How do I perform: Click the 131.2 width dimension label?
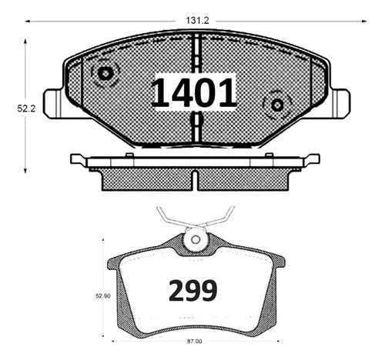[197, 21]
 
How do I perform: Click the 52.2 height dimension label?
[26, 108]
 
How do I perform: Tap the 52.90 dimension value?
[103, 296]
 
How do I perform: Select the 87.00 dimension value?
[194, 342]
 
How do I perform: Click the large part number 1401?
[194, 93]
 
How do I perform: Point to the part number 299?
[192, 291]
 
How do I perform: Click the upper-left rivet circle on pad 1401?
[105, 74]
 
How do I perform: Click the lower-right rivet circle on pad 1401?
[277, 105]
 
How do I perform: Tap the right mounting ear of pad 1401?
[340, 104]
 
